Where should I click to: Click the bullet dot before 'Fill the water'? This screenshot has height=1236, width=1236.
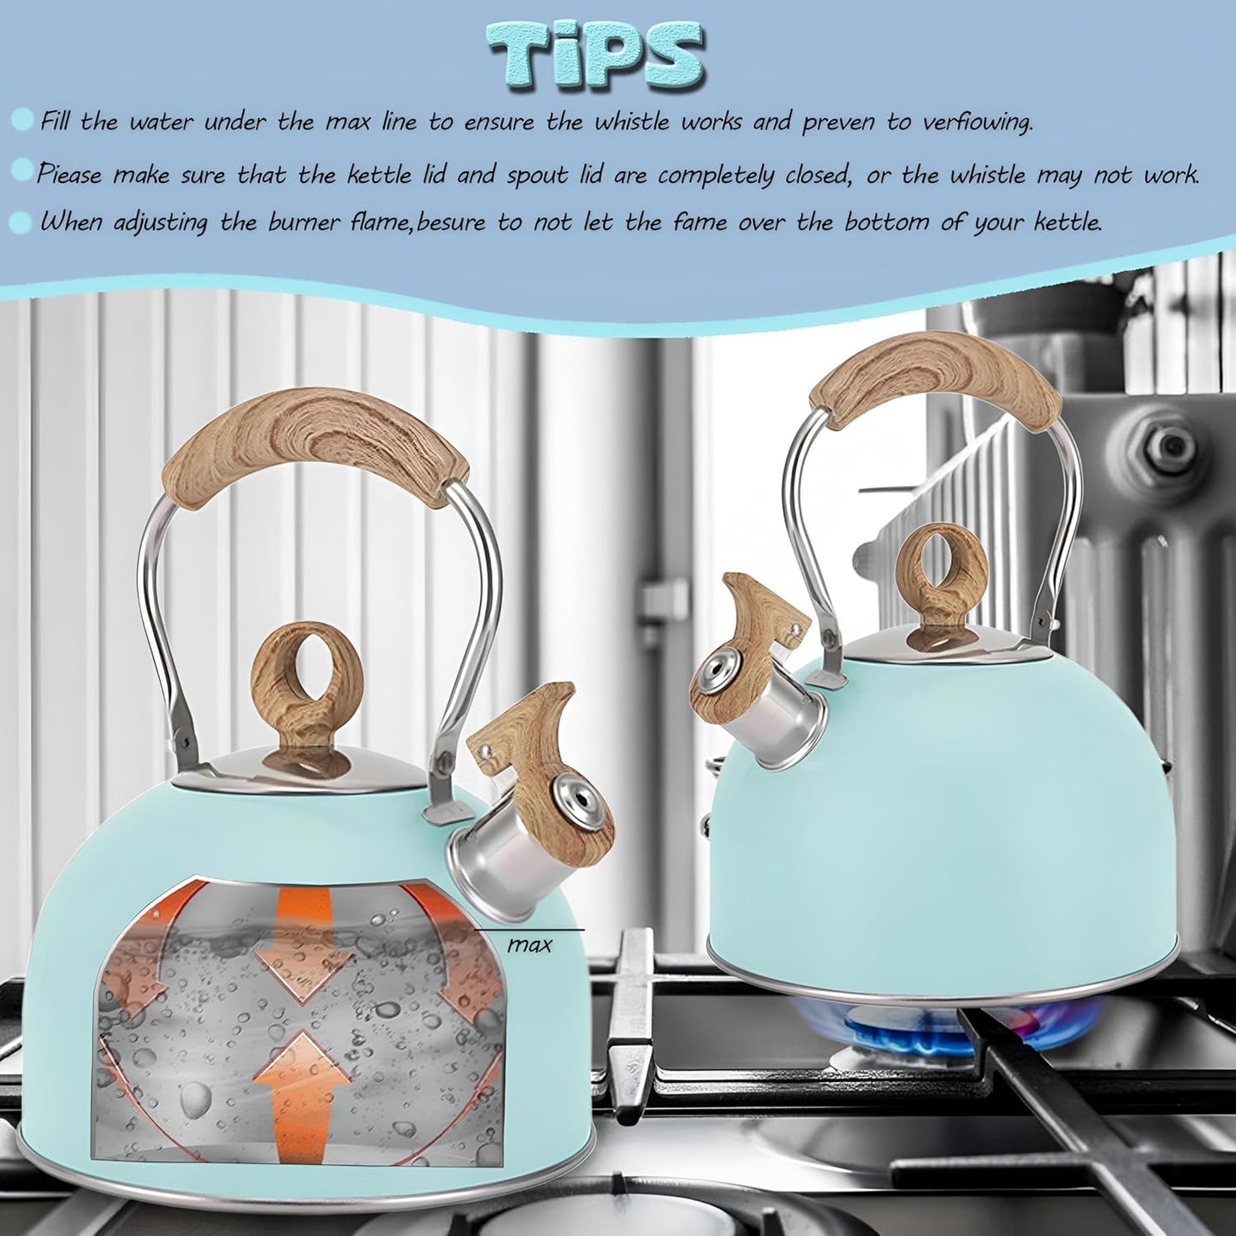pyautogui.click(x=23, y=120)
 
